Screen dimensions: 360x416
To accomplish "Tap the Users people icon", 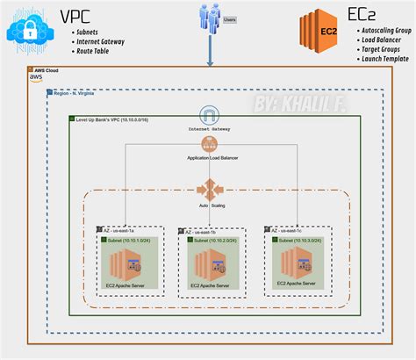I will (x=208, y=20).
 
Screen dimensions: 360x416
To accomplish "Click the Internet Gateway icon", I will (x=209, y=115).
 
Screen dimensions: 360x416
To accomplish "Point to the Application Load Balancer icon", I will (x=209, y=144).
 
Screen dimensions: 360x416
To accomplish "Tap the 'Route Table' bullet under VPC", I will (x=97, y=52).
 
